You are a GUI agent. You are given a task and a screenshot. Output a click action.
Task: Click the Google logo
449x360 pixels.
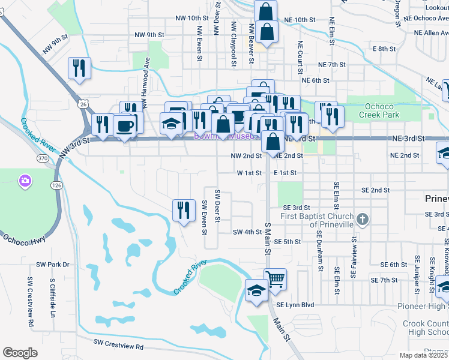coord(20,353)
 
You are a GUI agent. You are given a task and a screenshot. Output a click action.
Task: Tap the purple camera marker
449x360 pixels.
coord(25,180)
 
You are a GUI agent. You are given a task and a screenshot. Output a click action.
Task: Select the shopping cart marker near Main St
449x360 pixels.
coord(275,279)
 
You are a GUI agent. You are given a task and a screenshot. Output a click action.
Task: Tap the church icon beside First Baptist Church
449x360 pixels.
coord(361,220)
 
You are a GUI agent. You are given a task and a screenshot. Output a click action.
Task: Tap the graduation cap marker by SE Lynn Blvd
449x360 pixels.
coord(256,292)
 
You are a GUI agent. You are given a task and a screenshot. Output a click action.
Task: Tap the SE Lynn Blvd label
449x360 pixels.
coord(294,305)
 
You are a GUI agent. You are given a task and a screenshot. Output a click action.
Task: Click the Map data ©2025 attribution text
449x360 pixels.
coord(423,355)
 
